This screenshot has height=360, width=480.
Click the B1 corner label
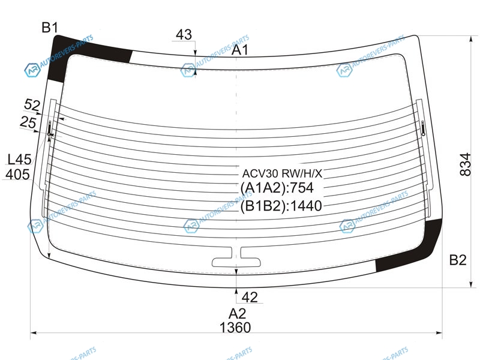tap(50, 28)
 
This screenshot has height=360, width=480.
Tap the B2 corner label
tap(458, 260)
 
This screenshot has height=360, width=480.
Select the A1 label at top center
tap(240, 50)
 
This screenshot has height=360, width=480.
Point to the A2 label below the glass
tap(237, 313)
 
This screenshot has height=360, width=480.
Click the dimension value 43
tap(184, 34)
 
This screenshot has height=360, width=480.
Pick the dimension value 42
tap(250, 297)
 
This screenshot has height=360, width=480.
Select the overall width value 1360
tap(235, 327)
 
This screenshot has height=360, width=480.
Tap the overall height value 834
tap(465, 164)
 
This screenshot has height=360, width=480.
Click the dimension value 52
tap(32, 105)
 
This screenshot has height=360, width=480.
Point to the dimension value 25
tap(28, 122)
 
